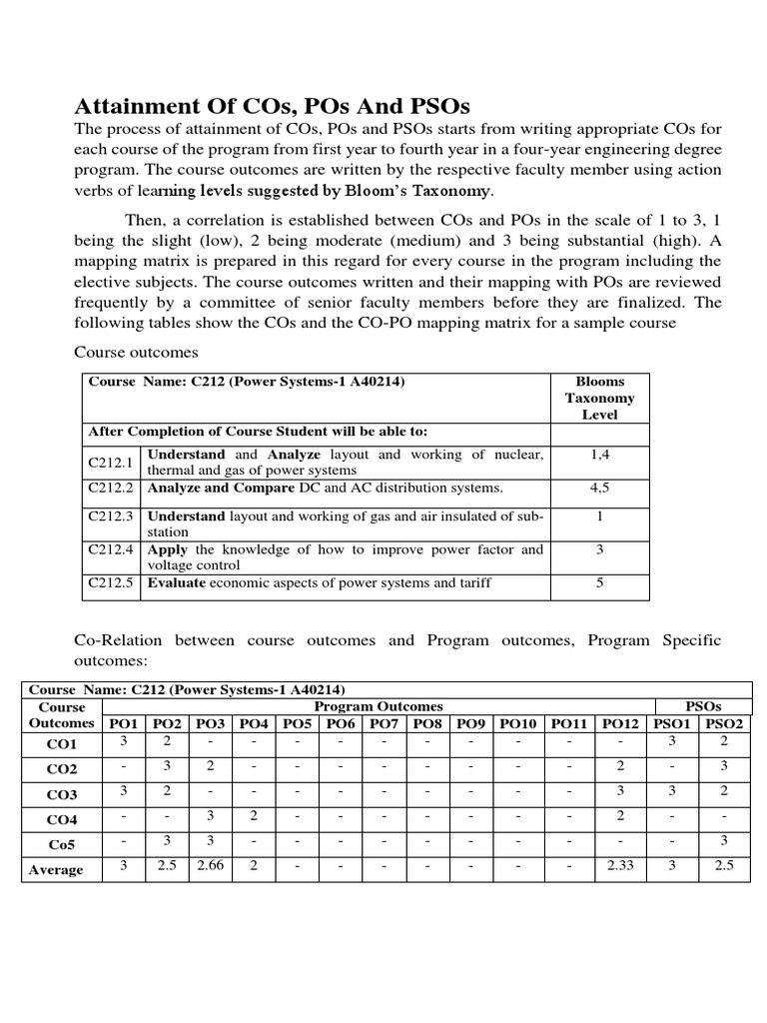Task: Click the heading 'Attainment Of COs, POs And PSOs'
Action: tap(274, 106)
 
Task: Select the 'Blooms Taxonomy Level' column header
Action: tap(599, 398)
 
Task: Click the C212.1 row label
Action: tap(110, 462)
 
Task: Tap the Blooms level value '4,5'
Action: tap(599, 489)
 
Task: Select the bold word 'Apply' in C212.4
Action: tap(168, 549)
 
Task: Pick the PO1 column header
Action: tap(124, 723)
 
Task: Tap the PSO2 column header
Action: tap(724, 723)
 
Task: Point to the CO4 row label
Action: tap(56, 819)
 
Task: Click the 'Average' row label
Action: tap(56, 869)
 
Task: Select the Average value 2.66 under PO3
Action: tap(210, 865)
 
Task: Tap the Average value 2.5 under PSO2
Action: tap(724, 865)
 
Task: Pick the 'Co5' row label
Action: tap(56, 844)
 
